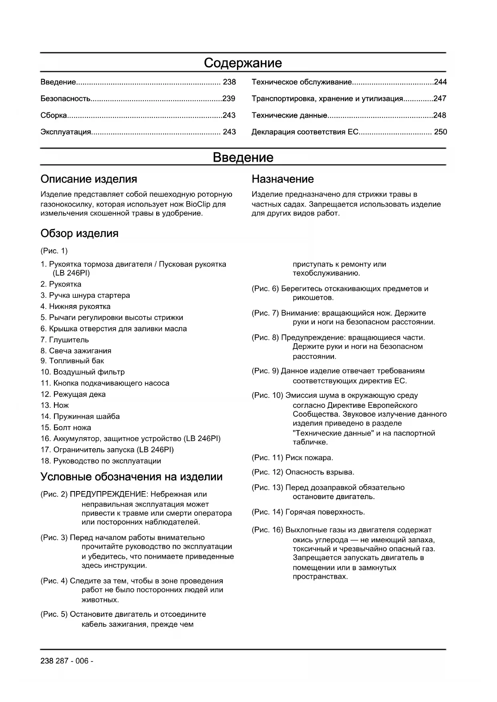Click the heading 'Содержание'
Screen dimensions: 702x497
coord(243,63)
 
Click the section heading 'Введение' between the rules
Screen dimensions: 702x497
coord(243,157)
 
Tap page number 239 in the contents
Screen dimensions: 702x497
coord(229,98)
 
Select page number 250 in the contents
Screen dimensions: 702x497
coord(440,132)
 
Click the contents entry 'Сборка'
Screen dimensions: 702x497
coord(54,115)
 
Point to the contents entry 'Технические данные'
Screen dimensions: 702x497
coord(289,115)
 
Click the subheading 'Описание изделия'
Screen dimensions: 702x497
coord(89,179)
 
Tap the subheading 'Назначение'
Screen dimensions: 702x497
coord(282,179)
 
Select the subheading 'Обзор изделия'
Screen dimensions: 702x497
coord(79,233)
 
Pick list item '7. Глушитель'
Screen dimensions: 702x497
coord(64,340)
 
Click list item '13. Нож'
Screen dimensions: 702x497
coord(54,405)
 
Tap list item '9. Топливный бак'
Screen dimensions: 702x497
coord(72,361)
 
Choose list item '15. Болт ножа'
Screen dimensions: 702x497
coord(66,427)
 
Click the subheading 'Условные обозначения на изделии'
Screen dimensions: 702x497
coord(131,477)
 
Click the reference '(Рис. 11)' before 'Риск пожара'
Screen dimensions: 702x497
coord(267,457)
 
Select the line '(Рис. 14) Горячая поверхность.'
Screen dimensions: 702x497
coord(308,512)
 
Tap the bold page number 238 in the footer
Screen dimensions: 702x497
coord(46,661)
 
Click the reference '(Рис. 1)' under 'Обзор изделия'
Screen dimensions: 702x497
coord(54,251)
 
